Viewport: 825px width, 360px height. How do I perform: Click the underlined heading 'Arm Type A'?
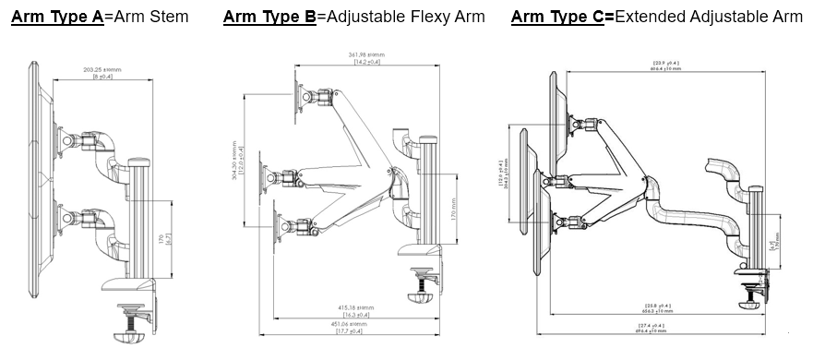point(57,17)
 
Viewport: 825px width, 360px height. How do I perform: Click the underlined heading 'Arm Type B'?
point(269,17)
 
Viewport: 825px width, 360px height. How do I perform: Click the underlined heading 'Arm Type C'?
point(561,17)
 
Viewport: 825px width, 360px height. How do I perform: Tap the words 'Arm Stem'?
point(148,17)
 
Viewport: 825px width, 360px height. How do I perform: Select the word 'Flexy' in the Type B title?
point(402,17)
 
